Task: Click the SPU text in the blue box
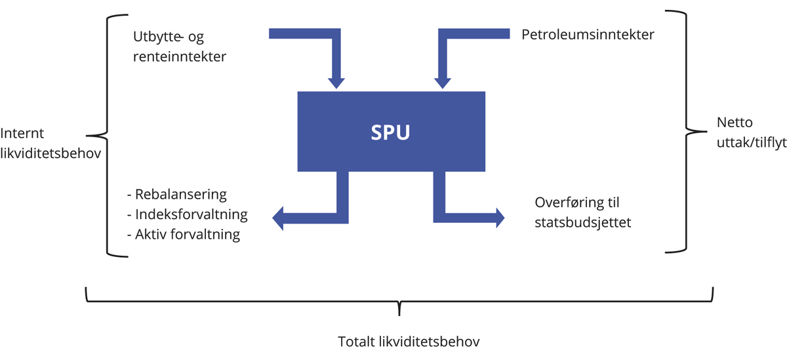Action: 391,132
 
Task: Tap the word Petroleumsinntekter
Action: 588,35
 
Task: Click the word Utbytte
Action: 157,38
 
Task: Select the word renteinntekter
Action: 179,56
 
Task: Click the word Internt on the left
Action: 22,133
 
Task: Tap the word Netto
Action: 735,122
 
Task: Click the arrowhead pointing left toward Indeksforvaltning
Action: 278,217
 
